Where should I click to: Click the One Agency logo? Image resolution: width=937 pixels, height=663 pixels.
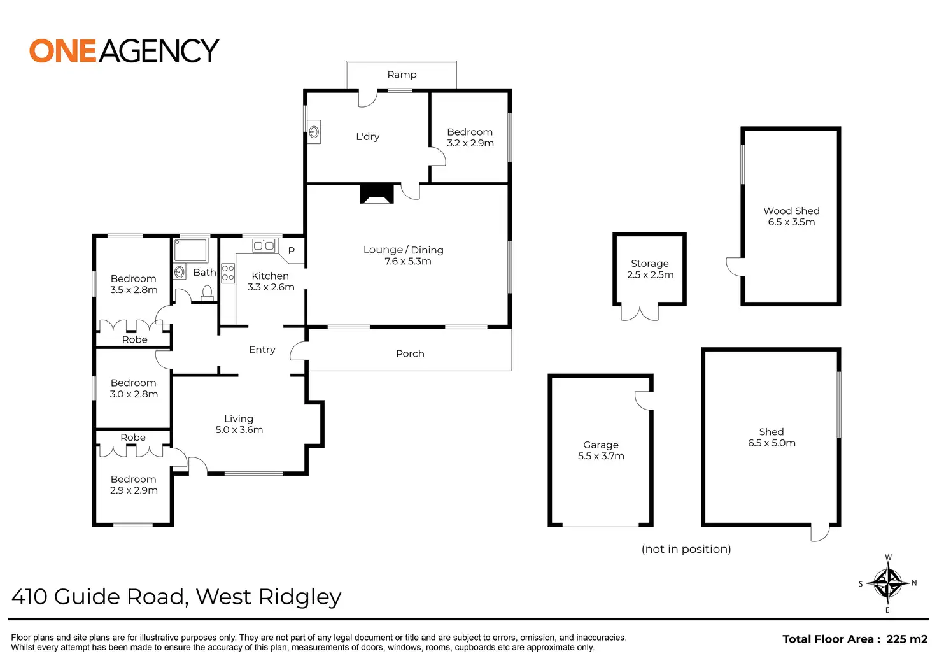(124, 51)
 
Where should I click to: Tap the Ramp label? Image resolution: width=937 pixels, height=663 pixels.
(402, 75)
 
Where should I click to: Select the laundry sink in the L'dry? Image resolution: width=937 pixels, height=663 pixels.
(314, 132)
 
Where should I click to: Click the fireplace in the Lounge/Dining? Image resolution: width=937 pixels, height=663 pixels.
(377, 194)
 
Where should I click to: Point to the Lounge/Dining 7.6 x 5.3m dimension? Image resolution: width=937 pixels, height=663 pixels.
(407, 262)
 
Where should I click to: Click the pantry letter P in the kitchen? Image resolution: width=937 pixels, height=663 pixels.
(292, 251)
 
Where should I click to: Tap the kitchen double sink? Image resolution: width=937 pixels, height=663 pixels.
(264, 245)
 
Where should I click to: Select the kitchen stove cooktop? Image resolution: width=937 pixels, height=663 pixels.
(228, 273)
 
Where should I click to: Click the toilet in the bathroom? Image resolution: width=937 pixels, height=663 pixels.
(207, 292)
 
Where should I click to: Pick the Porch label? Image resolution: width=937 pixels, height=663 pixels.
(410, 353)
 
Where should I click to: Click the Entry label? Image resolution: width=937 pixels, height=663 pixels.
(262, 350)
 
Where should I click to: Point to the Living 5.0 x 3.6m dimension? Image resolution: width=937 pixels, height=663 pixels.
(239, 430)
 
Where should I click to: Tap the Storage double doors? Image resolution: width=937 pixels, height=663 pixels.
(640, 313)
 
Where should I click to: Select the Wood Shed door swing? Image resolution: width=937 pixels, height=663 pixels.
(735, 267)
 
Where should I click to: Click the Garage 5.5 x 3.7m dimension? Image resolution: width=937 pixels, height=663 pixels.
(601, 456)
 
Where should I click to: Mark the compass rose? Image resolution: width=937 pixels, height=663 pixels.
(887, 583)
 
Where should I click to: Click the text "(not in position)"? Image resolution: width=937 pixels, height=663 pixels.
(686, 549)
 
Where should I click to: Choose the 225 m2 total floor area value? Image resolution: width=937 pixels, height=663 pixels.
(906, 639)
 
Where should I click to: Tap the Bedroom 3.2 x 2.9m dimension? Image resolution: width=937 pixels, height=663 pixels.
(470, 143)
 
